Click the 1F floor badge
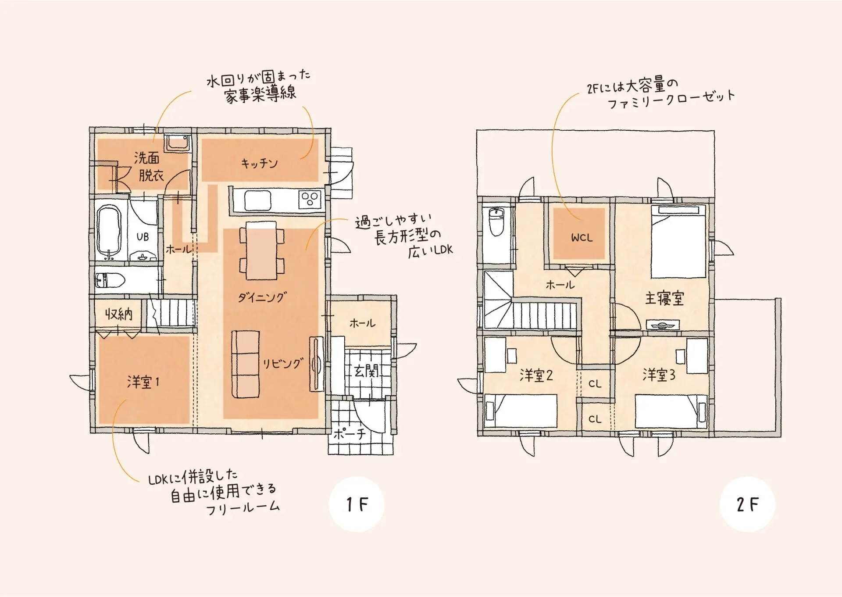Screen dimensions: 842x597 click(x=357, y=504)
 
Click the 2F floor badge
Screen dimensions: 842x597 click(x=747, y=504)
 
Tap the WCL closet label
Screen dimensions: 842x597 click(x=582, y=238)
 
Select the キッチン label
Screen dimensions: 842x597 click(x=259, y=163)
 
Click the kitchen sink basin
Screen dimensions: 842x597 click(x=258, y=200)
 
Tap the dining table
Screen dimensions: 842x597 click(x=261, y=250)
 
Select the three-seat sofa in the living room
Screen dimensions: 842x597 click(x=245, y=364)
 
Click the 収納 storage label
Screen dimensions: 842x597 click(x=118, y=314)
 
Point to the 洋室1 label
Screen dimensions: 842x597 click(x=143, y=382)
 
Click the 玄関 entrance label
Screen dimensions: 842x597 click(x=366, y=371)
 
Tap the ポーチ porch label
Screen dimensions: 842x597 click(x=350, y=434)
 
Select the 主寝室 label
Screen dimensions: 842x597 click(x=664, y=298)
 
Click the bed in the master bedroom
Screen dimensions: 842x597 click(x=678, y=242)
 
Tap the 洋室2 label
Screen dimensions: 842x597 click(x=536, y=375)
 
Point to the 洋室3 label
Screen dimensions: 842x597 click(x=659, y=375)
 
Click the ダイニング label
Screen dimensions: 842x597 click(x=262, y=297)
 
